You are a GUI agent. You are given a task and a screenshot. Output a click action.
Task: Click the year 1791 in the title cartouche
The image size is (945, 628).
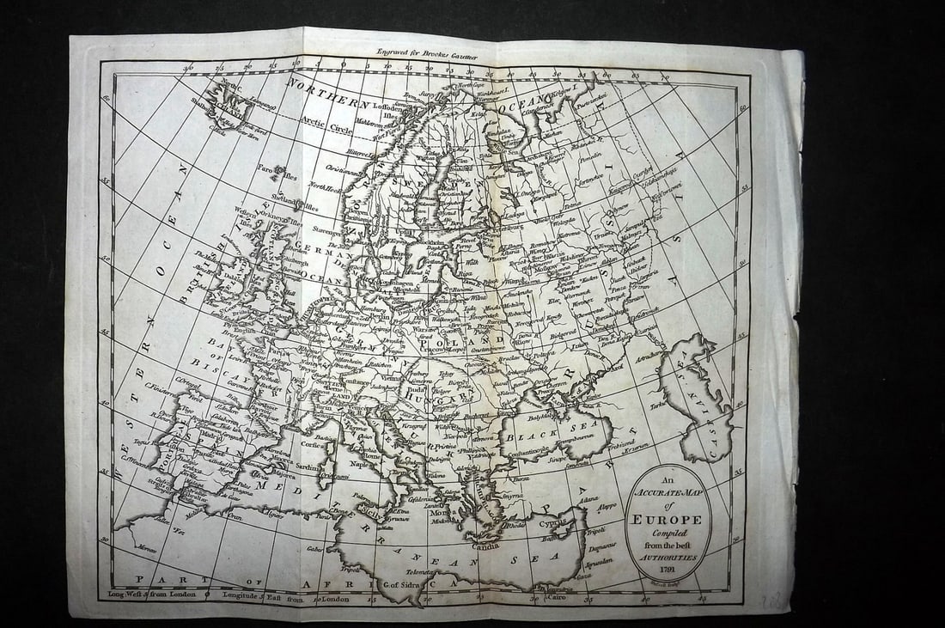coord(668,568)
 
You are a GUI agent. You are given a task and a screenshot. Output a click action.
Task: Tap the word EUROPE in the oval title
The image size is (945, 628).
coord(668,520)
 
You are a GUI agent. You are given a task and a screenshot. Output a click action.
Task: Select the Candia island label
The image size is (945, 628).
coord(485,544)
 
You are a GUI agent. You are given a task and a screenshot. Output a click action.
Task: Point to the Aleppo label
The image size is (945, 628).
coord(607,506)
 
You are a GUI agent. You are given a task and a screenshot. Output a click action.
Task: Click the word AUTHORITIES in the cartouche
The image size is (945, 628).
coord(668,555)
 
